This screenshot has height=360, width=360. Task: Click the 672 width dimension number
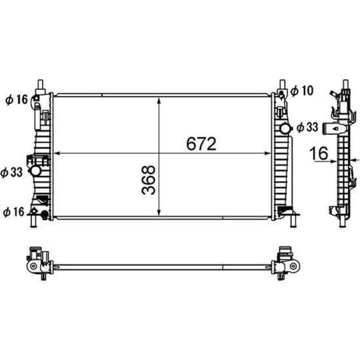click(201, 144)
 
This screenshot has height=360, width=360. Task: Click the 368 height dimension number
click(149, 180)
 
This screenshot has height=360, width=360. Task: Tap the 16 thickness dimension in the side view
click(319, 153)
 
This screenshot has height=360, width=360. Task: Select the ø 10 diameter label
click(302, 90)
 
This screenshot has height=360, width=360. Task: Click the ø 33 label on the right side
click(307, 127)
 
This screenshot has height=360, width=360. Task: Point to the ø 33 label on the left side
click(12, 172)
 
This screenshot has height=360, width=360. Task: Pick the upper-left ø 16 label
click(16, 99)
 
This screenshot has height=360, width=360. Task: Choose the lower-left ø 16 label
click(14, 211)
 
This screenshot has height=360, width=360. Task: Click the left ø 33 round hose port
click(36, 171)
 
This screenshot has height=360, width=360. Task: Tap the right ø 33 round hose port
click(285, 129)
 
